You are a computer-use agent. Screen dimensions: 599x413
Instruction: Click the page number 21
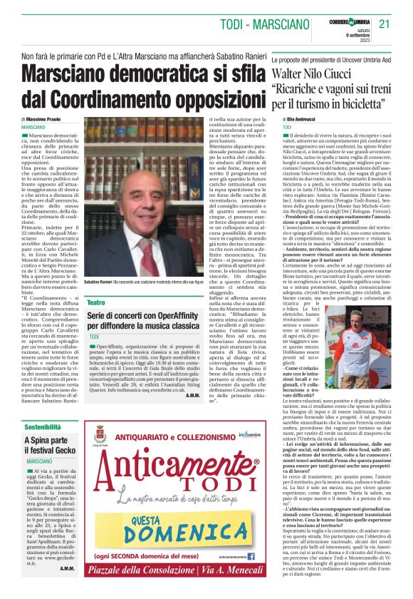coord(385,24)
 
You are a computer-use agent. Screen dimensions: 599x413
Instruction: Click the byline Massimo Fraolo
coord(45,119)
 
